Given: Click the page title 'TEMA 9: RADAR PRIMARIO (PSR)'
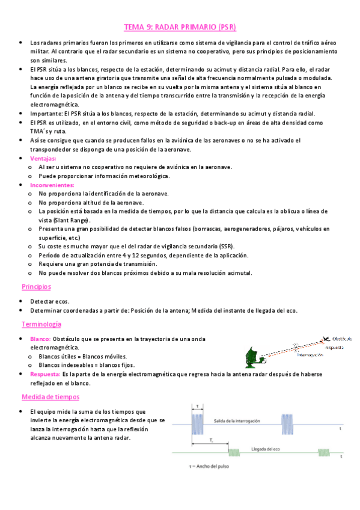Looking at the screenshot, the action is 180,27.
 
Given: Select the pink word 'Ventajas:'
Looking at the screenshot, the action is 43,158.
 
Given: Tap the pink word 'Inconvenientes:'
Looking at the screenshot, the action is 53,185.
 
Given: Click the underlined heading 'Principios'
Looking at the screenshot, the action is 37,287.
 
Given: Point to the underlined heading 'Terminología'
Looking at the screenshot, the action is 41,324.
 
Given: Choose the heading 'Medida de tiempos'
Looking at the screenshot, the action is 50,397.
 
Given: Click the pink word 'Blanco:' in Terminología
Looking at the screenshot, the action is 40,339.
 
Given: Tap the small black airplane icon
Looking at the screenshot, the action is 326,339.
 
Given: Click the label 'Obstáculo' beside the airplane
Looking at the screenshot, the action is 341,338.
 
